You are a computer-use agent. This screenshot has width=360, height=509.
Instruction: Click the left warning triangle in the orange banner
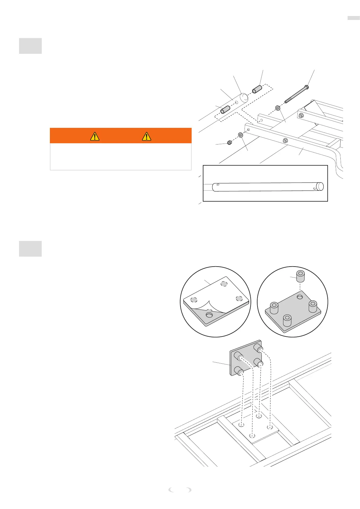tap(95, 136)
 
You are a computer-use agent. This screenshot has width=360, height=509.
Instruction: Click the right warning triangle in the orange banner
tap(146, 136)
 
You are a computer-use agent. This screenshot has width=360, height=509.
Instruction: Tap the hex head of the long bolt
tap(306, 87)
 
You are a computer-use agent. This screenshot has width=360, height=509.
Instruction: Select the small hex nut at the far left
tap(229, 142)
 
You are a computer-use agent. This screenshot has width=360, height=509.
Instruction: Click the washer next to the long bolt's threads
tap(278, 108)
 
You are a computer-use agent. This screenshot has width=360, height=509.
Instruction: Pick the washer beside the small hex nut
tap(241, 135)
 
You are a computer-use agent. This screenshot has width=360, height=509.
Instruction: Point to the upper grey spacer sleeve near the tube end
tap(257, 90)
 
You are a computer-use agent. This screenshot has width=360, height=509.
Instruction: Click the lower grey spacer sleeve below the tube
tap(225, 109)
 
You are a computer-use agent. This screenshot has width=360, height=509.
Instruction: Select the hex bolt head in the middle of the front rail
tap(285, 141)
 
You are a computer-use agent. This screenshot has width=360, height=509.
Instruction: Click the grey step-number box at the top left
tap(30, 46)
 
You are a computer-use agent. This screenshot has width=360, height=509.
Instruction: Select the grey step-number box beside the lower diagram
tap(30, 249)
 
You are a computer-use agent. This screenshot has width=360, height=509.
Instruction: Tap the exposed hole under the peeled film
tap(209, 315)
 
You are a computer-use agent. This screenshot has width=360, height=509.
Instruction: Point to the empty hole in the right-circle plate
tap(300, 297)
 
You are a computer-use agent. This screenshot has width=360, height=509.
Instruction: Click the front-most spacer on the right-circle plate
tap(287, 320)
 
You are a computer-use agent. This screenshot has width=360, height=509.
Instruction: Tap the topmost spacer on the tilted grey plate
tap(258, 347)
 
